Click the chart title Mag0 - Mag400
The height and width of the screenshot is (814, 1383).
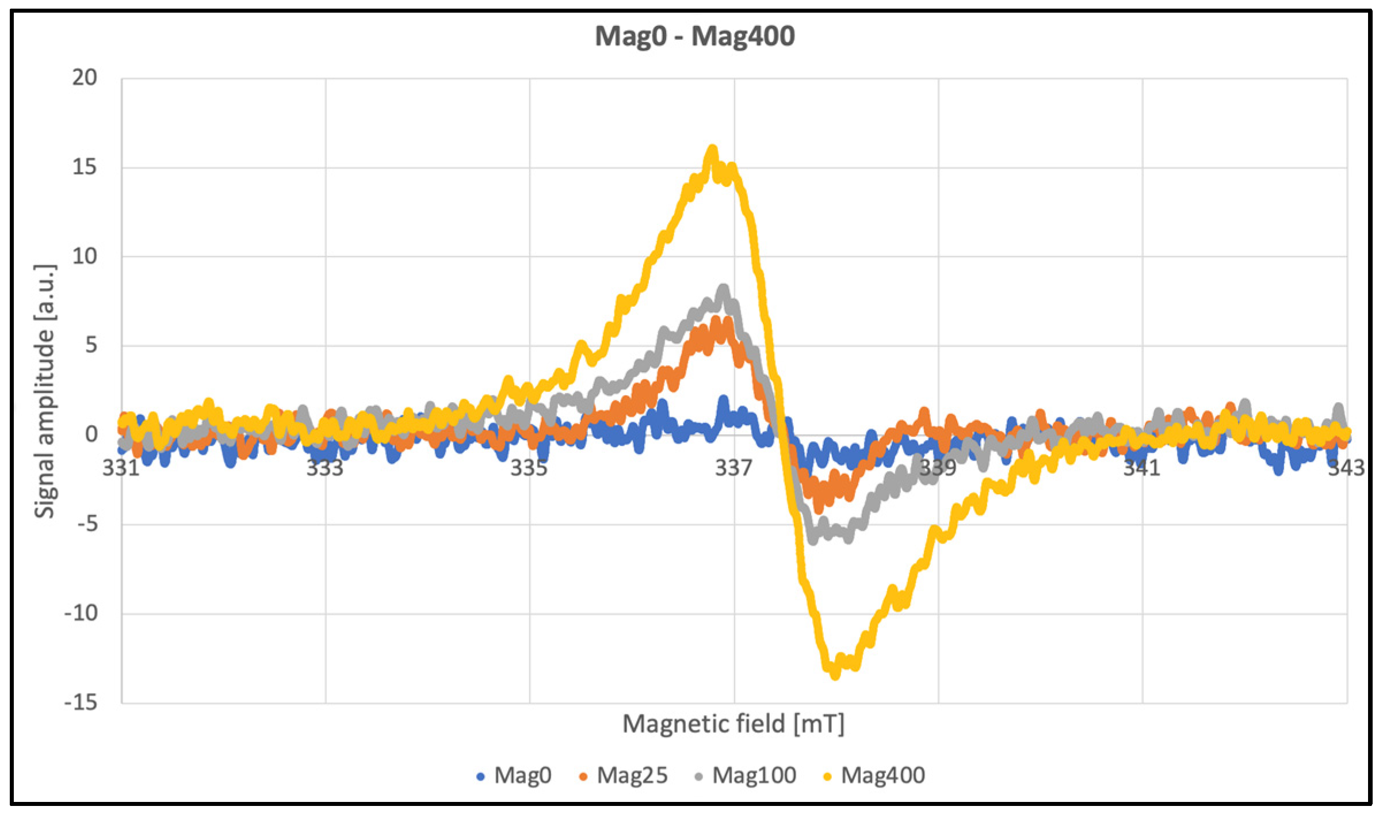pyautogui.click(x=694, y=36)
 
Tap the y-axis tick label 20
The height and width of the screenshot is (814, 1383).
pyautogui.click(x=85, y=78)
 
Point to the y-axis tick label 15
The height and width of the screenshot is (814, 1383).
pyautogui.click(x=85, y=167)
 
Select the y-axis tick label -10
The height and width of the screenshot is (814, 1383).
pyautogui.click(x=81, y=613)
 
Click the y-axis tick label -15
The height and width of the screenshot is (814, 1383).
pyautogui.click(x=81, y=702)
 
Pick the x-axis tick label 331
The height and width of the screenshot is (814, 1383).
pyautogui.click(x=121, y=468)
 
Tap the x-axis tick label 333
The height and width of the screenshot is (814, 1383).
pyautogui.click(x=324, y=468)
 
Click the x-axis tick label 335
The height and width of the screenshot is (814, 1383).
pyautogui.click(x=529, y=468)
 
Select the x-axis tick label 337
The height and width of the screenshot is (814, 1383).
pyautogui.click(x=733, y=468)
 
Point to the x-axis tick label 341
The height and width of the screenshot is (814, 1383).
pyautogui.click(x=1142, y=468)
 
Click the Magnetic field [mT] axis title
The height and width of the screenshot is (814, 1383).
pyautogui.click(x=733, y=724)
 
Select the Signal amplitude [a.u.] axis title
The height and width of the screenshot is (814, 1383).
pyautogui.click(x=45, y=391)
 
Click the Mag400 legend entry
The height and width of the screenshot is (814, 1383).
pyautogui.click(x=874, y=775)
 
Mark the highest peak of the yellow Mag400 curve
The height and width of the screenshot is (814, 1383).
pyautogui.click(x=712, y=151)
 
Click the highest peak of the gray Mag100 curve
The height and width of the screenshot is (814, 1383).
pyautogui.click(x=724, y=289)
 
